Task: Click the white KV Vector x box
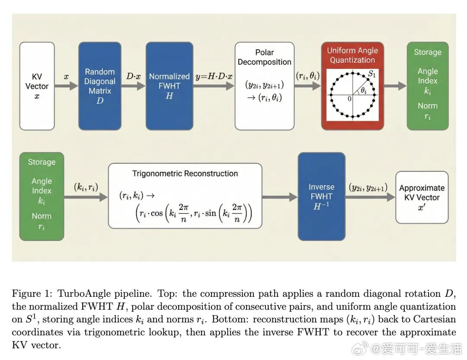(37, 86)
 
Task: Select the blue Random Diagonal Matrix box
(100, 86)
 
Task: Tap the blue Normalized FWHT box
(169, 86)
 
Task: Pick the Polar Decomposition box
(264, 86)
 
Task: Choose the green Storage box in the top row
(427, 86)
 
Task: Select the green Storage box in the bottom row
(42, 196)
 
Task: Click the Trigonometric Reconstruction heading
(185, 174)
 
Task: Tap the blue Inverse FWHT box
(321, 196)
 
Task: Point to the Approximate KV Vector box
(422, 197)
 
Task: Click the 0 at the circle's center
(349, 99)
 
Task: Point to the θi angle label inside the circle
(364, 90)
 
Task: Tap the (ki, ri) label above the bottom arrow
(86, 187)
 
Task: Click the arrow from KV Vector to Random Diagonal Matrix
(66, 86)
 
